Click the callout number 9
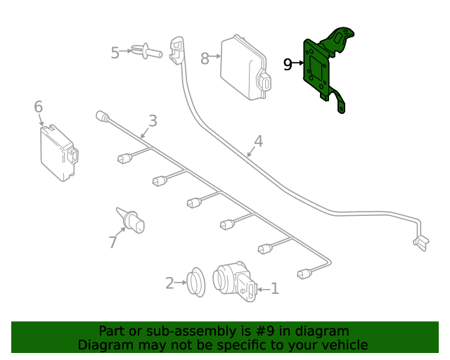(x=288, y=65)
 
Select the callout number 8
(x=205, y=58)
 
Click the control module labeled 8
(x=245, y=67)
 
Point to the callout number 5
(x=115, y=53)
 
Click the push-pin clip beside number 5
(x=147, y=51)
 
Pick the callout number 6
(x=39, y=106)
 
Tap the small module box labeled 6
(x=59, y=153)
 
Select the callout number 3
(x=153, y=121)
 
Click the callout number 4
(x=259, y=141)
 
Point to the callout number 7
(x=113, y=242)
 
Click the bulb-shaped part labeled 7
(x=131, y=221)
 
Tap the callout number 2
(x=169, y=283)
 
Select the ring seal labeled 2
(x=196, y=282)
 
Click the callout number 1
(x=275, y=288)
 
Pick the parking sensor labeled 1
(x=235, y=281)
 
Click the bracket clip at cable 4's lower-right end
(x=421, y=243)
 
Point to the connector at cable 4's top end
(x=176, y=51)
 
